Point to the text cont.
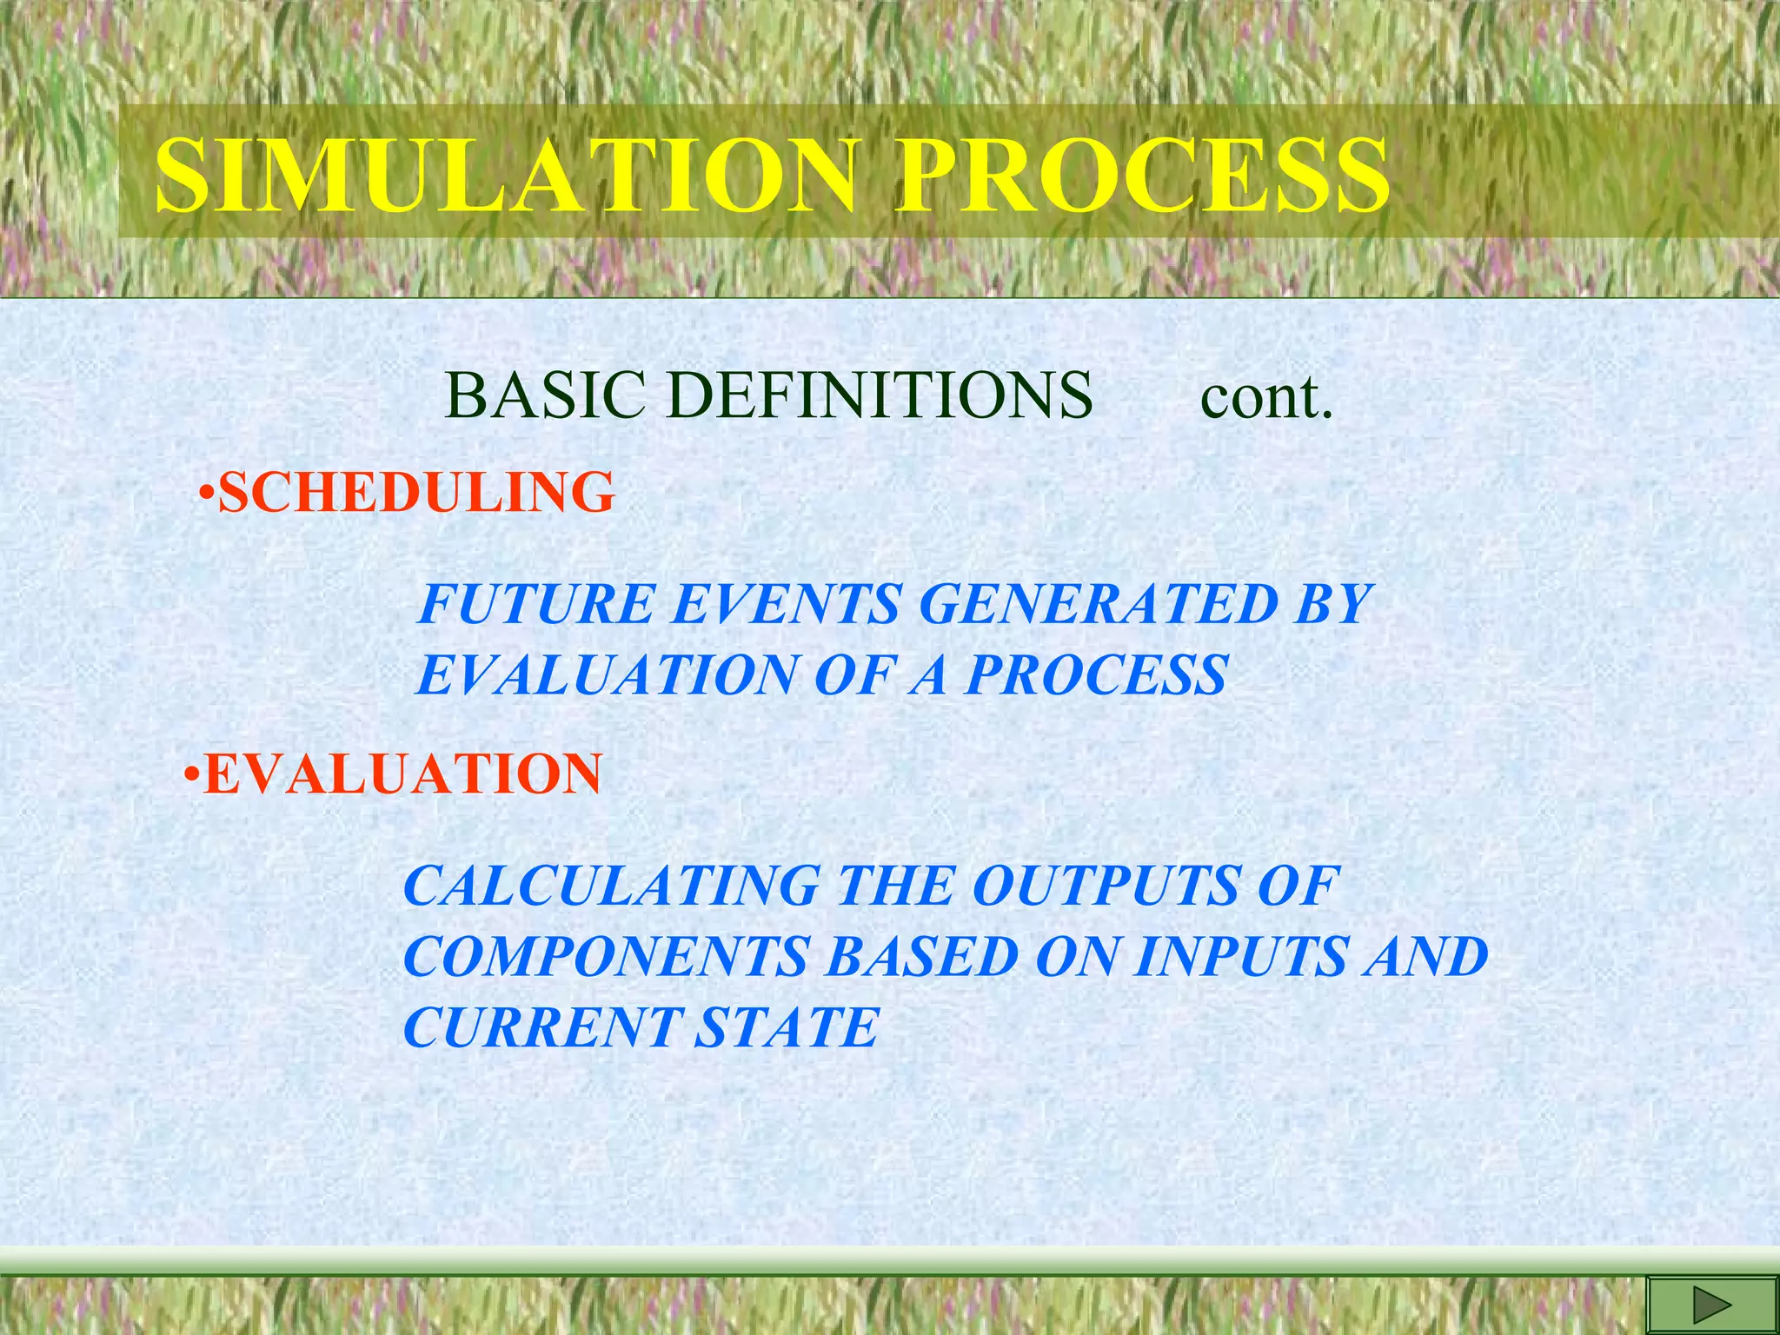coord(1265,398)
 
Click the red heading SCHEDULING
coord(416,493)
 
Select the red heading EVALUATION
coord(402,774)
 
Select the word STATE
coord(787,1028)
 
